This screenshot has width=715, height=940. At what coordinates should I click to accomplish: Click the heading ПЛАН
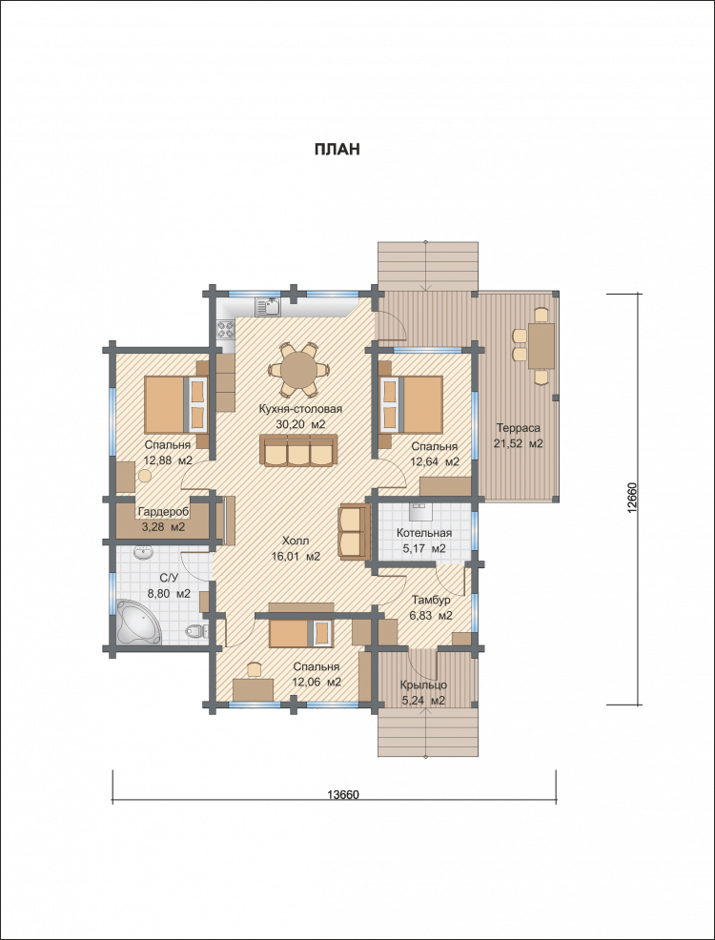(337, 150)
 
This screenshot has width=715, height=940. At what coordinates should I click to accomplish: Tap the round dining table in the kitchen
(299, 369)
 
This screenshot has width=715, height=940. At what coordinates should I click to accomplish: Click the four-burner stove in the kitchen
(225, 329)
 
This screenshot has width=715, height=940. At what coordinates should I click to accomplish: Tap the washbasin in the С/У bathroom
(143, 553)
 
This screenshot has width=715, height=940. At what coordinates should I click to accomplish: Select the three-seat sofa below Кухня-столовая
(298, 450)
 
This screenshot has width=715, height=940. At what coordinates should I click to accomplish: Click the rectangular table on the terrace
(541, 346)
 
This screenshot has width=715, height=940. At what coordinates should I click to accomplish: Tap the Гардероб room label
(163, 513)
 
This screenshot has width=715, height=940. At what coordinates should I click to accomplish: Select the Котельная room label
(424, 534)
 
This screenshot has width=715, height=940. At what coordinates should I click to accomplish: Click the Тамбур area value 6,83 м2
(432, 616)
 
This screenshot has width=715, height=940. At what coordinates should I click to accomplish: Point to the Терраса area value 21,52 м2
(519, 443)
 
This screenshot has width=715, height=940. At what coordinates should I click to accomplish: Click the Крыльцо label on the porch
(422, 685)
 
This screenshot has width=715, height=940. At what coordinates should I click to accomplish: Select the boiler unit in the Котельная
(421, 511)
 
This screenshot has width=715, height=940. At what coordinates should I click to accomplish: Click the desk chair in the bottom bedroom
(255, 669)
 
